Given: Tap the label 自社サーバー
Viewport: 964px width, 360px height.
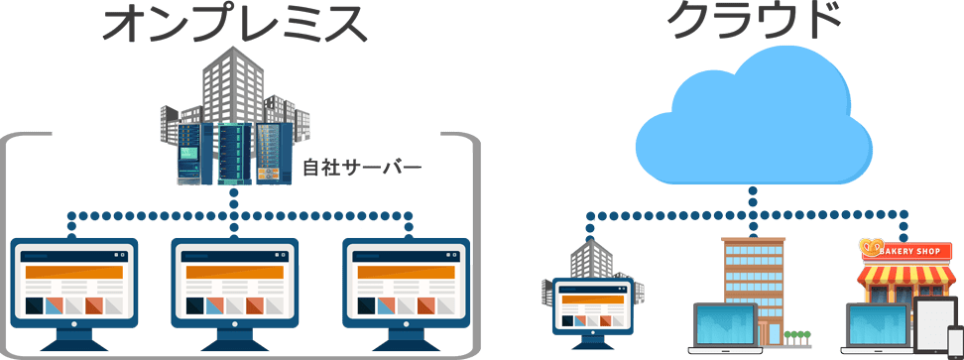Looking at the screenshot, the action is (363, 166).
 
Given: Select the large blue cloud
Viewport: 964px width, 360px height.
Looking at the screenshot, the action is (754, 118).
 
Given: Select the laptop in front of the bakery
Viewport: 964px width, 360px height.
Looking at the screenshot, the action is (880, 328).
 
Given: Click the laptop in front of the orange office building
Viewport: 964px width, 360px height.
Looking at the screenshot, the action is (728, 328).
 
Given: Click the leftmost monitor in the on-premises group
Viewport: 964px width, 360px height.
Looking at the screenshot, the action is (74, 293).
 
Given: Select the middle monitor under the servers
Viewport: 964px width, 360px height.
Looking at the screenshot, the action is (234, 293).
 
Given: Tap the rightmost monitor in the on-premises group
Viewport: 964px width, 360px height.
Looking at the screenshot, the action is (407, 293).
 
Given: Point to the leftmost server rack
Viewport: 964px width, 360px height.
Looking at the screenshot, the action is (196, 154).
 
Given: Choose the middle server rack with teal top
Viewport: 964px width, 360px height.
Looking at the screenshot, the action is (235, 154).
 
